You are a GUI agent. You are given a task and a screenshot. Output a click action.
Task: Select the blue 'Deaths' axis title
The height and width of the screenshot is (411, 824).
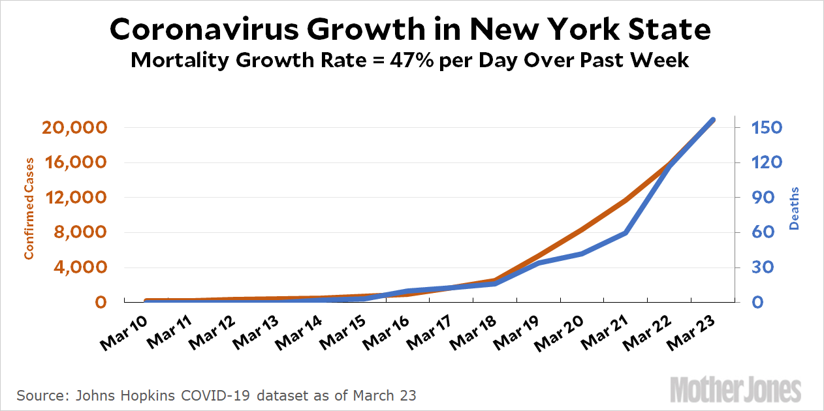tap(795, 209)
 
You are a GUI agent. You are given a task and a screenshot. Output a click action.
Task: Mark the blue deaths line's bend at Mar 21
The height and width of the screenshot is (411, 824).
tap(626, 233)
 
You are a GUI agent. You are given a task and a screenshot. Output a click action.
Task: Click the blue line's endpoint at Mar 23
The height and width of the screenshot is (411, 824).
tap(712, 120)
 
